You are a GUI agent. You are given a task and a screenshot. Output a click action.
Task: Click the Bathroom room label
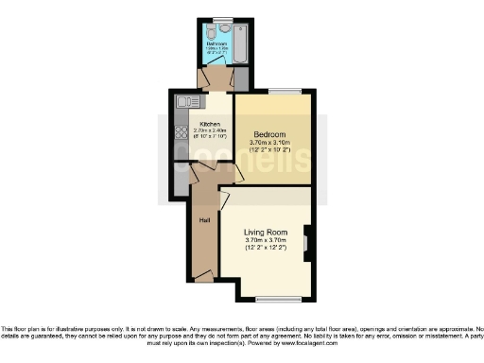[x=216, y=43]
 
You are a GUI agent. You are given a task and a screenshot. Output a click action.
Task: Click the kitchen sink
[x=184, y=101]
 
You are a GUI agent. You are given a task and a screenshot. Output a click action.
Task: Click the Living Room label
[x=266, y=232]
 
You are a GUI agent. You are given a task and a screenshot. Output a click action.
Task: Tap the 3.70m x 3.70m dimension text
[x=266, y=241]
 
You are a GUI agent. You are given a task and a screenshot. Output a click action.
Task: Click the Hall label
[x=203, y=220]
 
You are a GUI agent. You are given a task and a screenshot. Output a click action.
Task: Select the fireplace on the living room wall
[x=307, y=242]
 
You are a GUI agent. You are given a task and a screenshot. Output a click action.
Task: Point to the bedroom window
[x=285, y=92]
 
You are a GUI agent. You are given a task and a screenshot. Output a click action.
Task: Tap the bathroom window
[x=223, y=19]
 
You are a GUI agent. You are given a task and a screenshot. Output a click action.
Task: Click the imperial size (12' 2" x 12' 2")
[x=266, y=249]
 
